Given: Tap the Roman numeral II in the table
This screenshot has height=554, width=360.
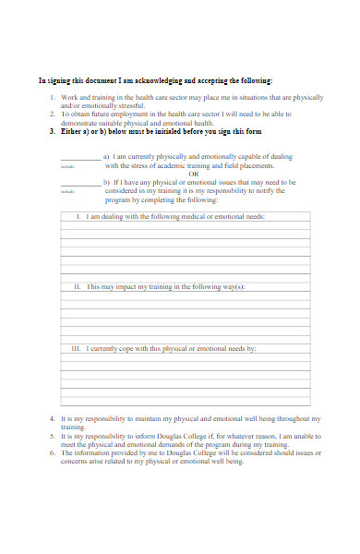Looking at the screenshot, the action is coord(78,287).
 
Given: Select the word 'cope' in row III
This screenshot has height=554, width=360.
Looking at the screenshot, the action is coord(136,349).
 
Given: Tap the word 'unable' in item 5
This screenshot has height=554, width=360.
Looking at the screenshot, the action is coord(295,436).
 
